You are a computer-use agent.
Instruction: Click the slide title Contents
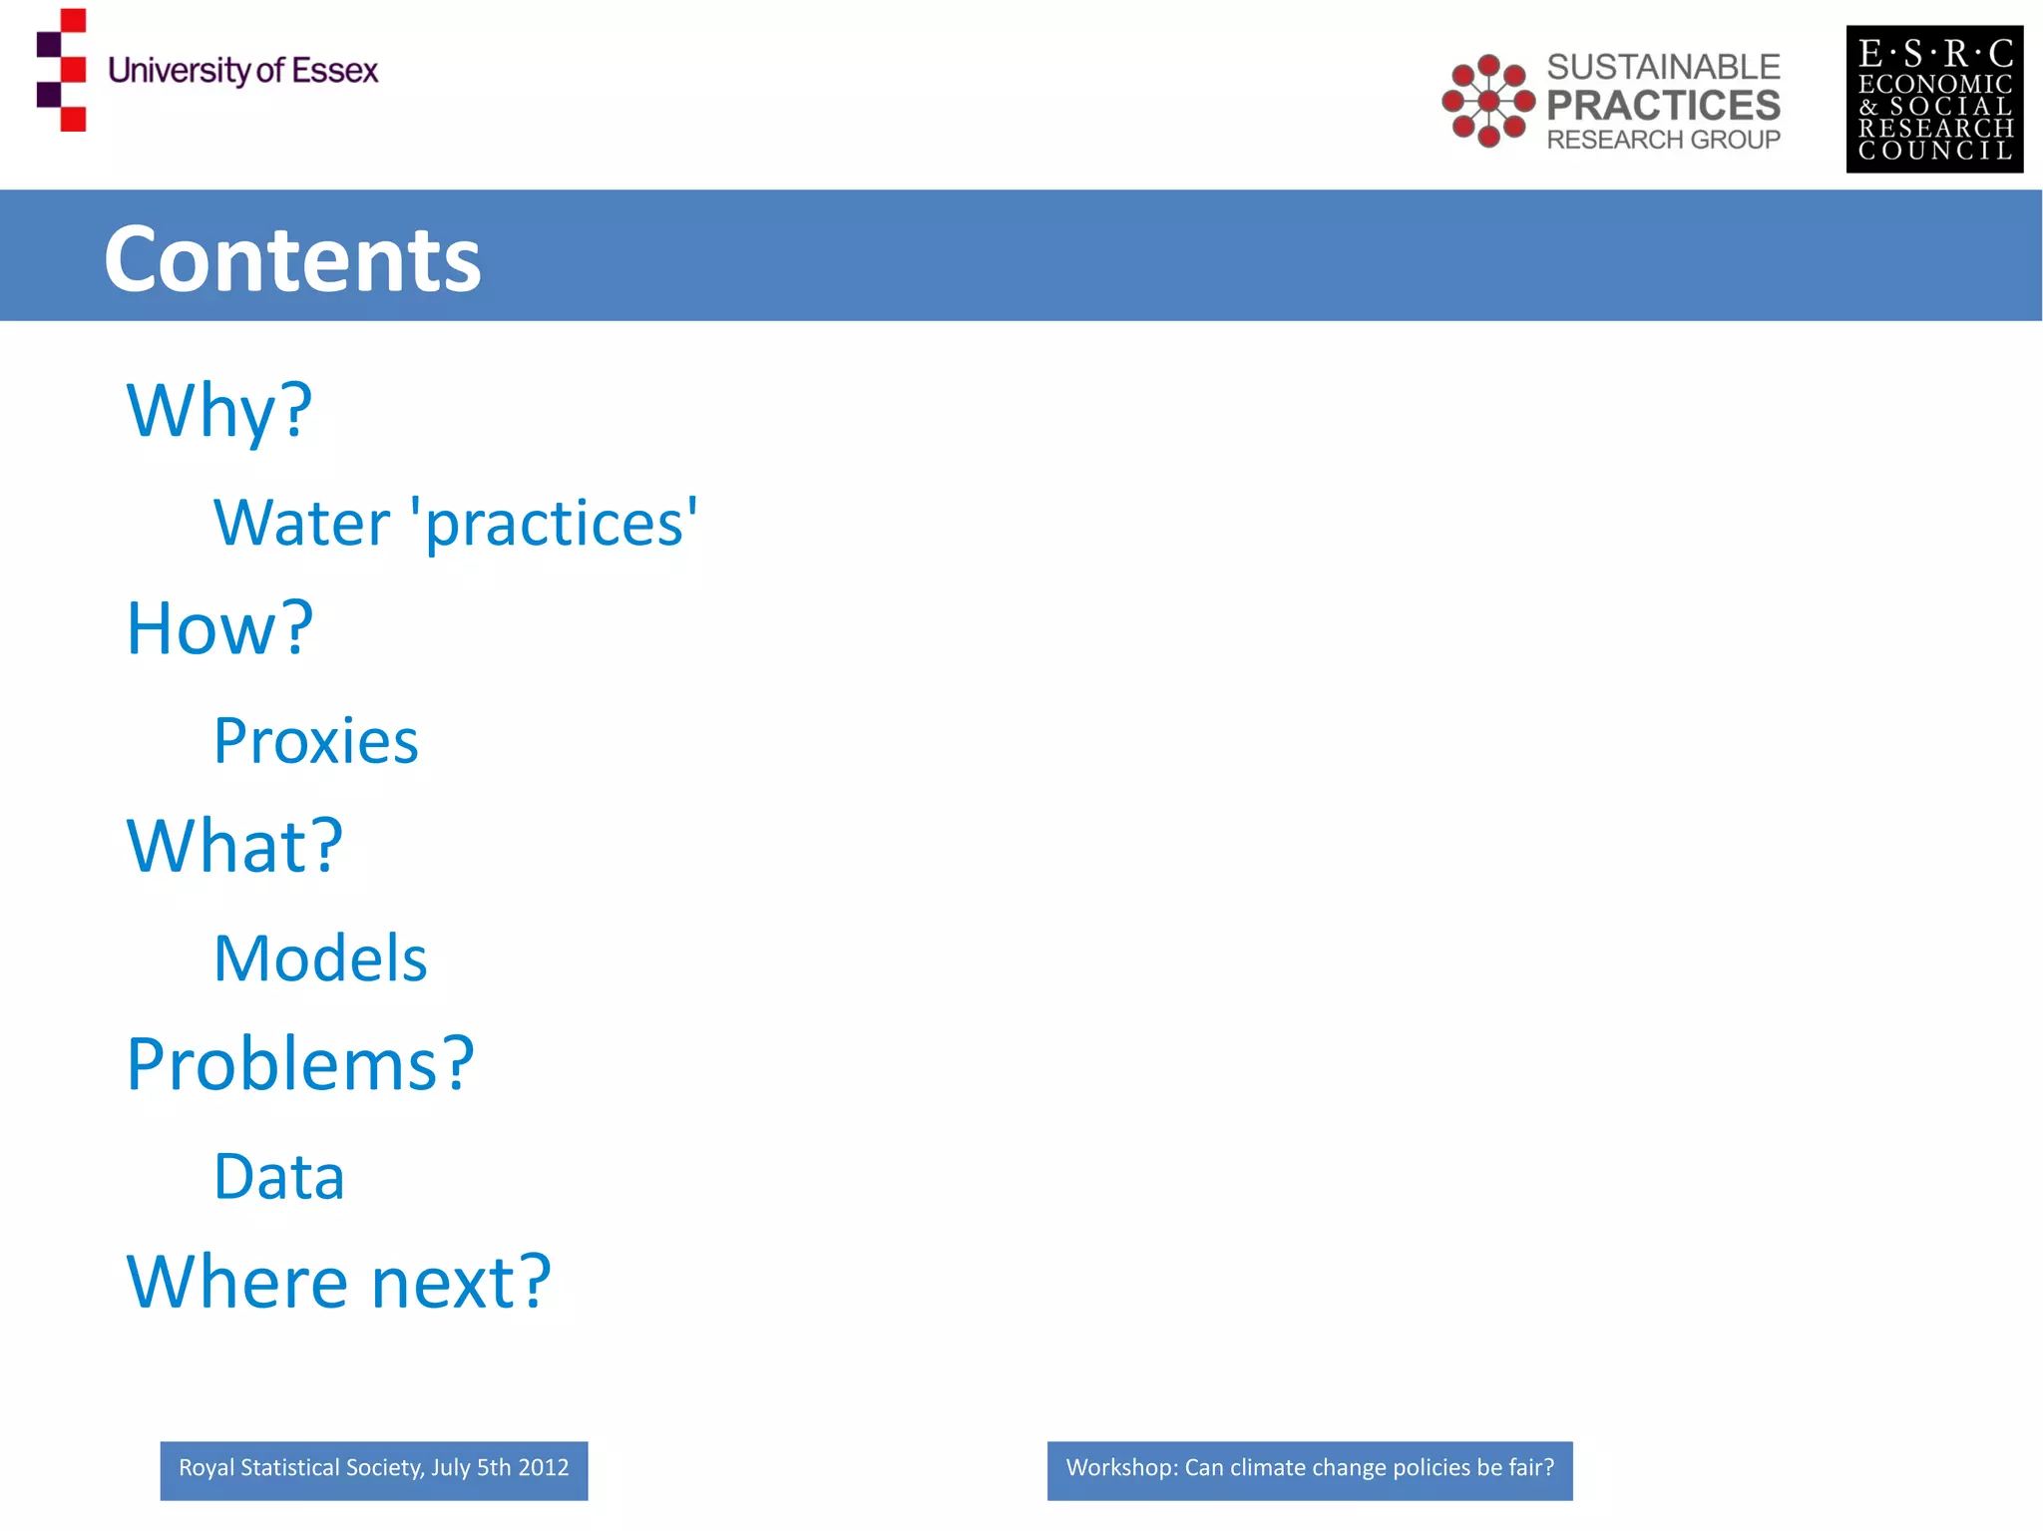[292, 259]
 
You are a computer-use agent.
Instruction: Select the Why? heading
[219, 410]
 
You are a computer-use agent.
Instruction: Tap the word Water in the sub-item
[301, 523]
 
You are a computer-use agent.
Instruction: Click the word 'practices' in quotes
[555, 523]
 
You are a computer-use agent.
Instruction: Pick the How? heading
[219, 628]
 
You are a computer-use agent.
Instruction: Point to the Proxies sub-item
[316, 741]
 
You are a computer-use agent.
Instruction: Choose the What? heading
[234, 846]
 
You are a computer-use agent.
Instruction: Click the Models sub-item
[320, 958]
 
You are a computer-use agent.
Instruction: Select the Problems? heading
[300, 1063]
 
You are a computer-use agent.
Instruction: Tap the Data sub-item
[279, 1177]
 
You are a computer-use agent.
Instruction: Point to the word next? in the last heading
[461, 1282]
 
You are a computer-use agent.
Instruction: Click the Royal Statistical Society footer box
[373, 1469]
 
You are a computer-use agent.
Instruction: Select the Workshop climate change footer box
[1309, 1469]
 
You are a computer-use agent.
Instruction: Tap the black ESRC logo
[1934, 100]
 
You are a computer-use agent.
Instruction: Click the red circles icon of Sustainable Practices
[1488, 101]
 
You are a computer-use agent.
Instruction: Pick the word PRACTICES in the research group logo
[1663, 105]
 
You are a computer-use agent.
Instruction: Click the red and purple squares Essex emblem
[62, 70]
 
